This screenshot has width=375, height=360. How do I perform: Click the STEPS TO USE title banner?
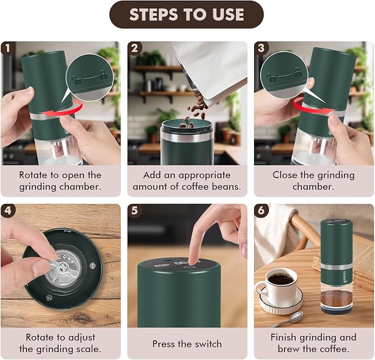click(187, 15)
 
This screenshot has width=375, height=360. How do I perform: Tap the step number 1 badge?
click(8, 48)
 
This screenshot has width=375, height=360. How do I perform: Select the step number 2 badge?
click(134, 48)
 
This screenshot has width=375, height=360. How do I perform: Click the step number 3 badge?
click(261, 48)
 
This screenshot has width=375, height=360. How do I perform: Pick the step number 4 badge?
click(8, 210)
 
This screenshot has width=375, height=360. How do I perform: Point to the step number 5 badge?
click(134, 210)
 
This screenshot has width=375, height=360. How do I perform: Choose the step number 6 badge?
click(261, 210)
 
